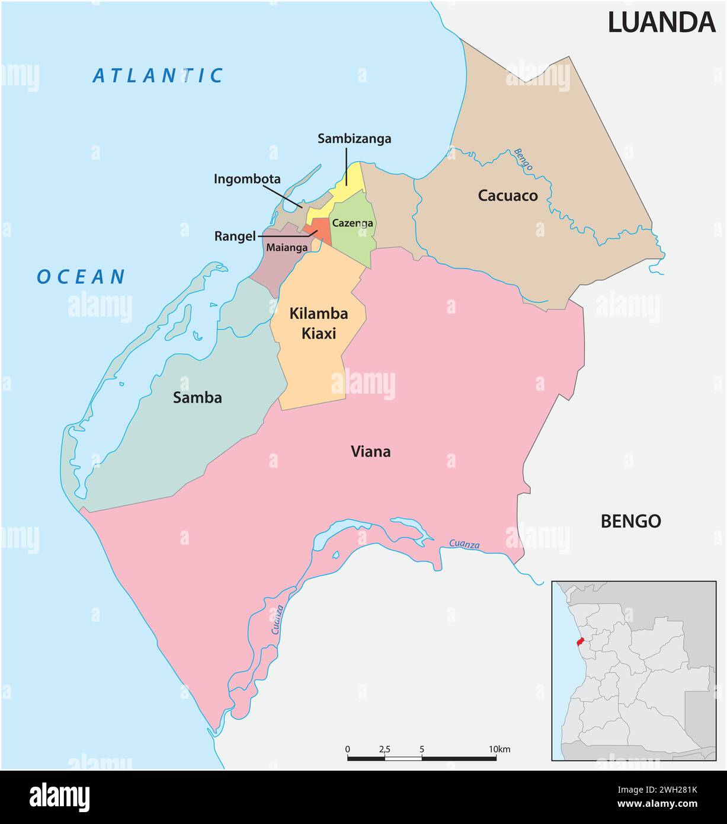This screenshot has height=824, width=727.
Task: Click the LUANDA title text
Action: [x=661, y=23]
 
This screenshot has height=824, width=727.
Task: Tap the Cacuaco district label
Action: [x=508, y=196]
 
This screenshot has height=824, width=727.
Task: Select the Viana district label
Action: [x=371, y=452]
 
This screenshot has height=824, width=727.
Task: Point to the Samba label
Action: [x=197, y=398]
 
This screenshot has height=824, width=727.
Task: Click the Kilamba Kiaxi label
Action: [x=318, y=323]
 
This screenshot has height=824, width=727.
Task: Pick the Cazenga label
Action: [x=353, y=223]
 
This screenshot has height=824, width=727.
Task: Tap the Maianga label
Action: [x=287, y=247]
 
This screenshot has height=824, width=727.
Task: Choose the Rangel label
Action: [x=235, y=237]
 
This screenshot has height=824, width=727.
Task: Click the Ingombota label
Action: [x=247, y=179]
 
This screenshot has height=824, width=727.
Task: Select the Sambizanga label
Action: [x=354, y=139]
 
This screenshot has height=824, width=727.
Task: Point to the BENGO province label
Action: [x=630, y=521]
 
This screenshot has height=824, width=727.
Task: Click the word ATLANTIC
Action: [x=158, y=76]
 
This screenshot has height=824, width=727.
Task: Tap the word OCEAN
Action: [x=81, y=277]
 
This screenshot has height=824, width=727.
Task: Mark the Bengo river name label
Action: [x=523, y=159]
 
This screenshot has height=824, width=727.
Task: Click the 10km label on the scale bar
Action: [x=499, y=749]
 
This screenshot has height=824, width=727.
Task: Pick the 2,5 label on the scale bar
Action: [x=385, y=749]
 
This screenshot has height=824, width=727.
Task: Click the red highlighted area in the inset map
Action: [x=581, y=643]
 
